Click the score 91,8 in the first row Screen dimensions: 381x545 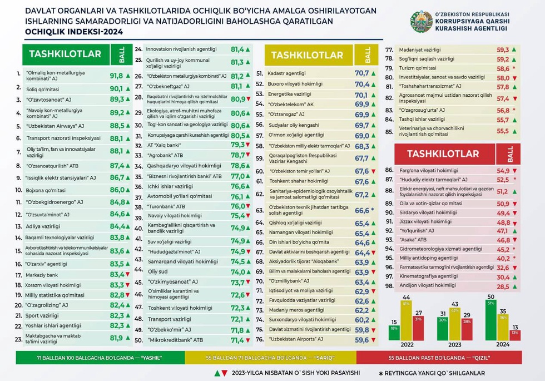[116, 76]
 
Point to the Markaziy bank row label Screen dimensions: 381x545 [42, 274]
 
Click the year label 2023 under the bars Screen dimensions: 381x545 [455, 345]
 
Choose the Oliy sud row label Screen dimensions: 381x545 [157, 272]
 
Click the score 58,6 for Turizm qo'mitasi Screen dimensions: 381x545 [503, 68]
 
